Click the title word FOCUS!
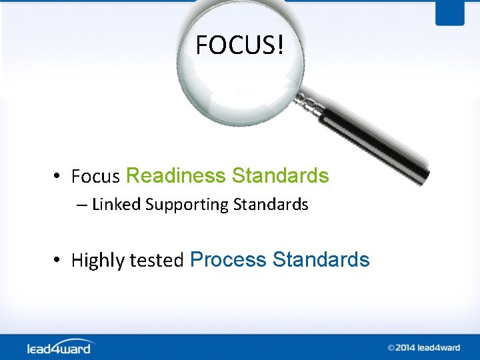[x=240, y=45]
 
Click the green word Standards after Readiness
[x=280, y=176]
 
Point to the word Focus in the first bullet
[x=95, y=177]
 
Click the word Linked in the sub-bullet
[x=116, y=205]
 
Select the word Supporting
[x=187, y=205]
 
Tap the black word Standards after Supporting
[x=271, y=205]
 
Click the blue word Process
[x=229, y=259]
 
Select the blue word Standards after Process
[x=321, y=259]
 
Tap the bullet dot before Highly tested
[x=59, y=259]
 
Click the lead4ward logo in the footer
[x=61, y=347]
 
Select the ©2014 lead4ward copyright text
[x=424, y=347]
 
